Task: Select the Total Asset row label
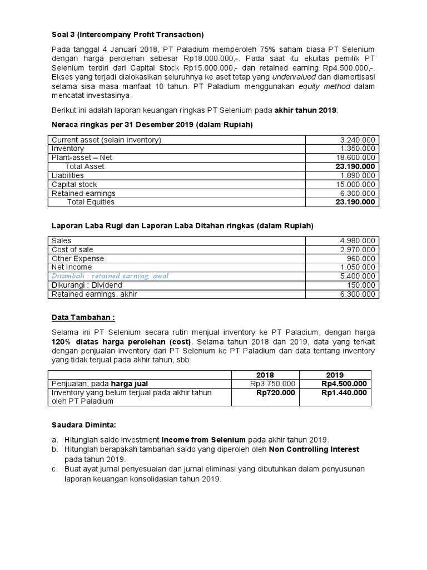click(x=85, y=166)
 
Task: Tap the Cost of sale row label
click(x=72, y=249)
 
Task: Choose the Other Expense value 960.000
click(x=363, y=258)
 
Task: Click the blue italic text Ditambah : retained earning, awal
click(x=110, y=276)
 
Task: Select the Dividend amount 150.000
click(x=363, y=285)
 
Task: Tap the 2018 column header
click(x=265, y=375)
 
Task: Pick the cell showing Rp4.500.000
click(x=344, y=384)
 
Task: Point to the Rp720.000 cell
click(x=275, y=392)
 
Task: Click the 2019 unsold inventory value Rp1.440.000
click(x=344, y=392)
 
